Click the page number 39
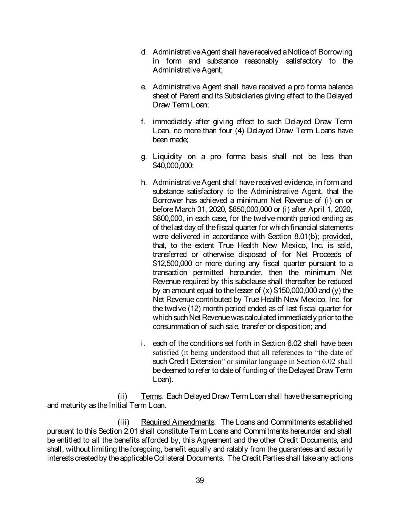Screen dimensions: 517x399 point(200,481)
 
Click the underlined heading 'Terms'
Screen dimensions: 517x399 point(151,397)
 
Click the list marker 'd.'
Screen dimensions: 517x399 point(144,52)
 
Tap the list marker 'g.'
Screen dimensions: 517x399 point(144,157)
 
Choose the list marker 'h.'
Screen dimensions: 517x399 point(144,183)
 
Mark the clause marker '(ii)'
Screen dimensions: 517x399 point(123,397)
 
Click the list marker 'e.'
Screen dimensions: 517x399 point(144,87)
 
